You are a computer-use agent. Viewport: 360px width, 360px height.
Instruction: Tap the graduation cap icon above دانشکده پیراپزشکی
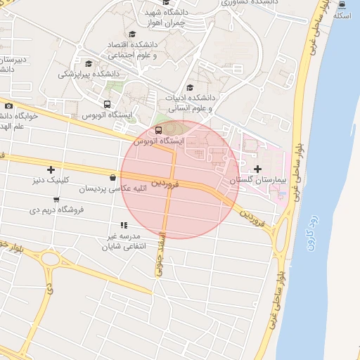(87, 63)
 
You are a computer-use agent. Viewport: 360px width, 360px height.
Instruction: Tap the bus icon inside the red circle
(157, 130)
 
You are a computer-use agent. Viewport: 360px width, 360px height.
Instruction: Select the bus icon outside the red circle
(107, 105)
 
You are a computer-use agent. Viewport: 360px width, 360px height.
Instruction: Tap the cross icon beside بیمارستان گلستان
(259, 169)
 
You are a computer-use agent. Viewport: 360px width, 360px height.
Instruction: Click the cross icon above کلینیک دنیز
(51, 169)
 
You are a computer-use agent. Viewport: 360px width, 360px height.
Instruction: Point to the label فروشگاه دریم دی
(57, 210)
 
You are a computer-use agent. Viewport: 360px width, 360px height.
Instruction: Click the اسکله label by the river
(341, 15)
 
